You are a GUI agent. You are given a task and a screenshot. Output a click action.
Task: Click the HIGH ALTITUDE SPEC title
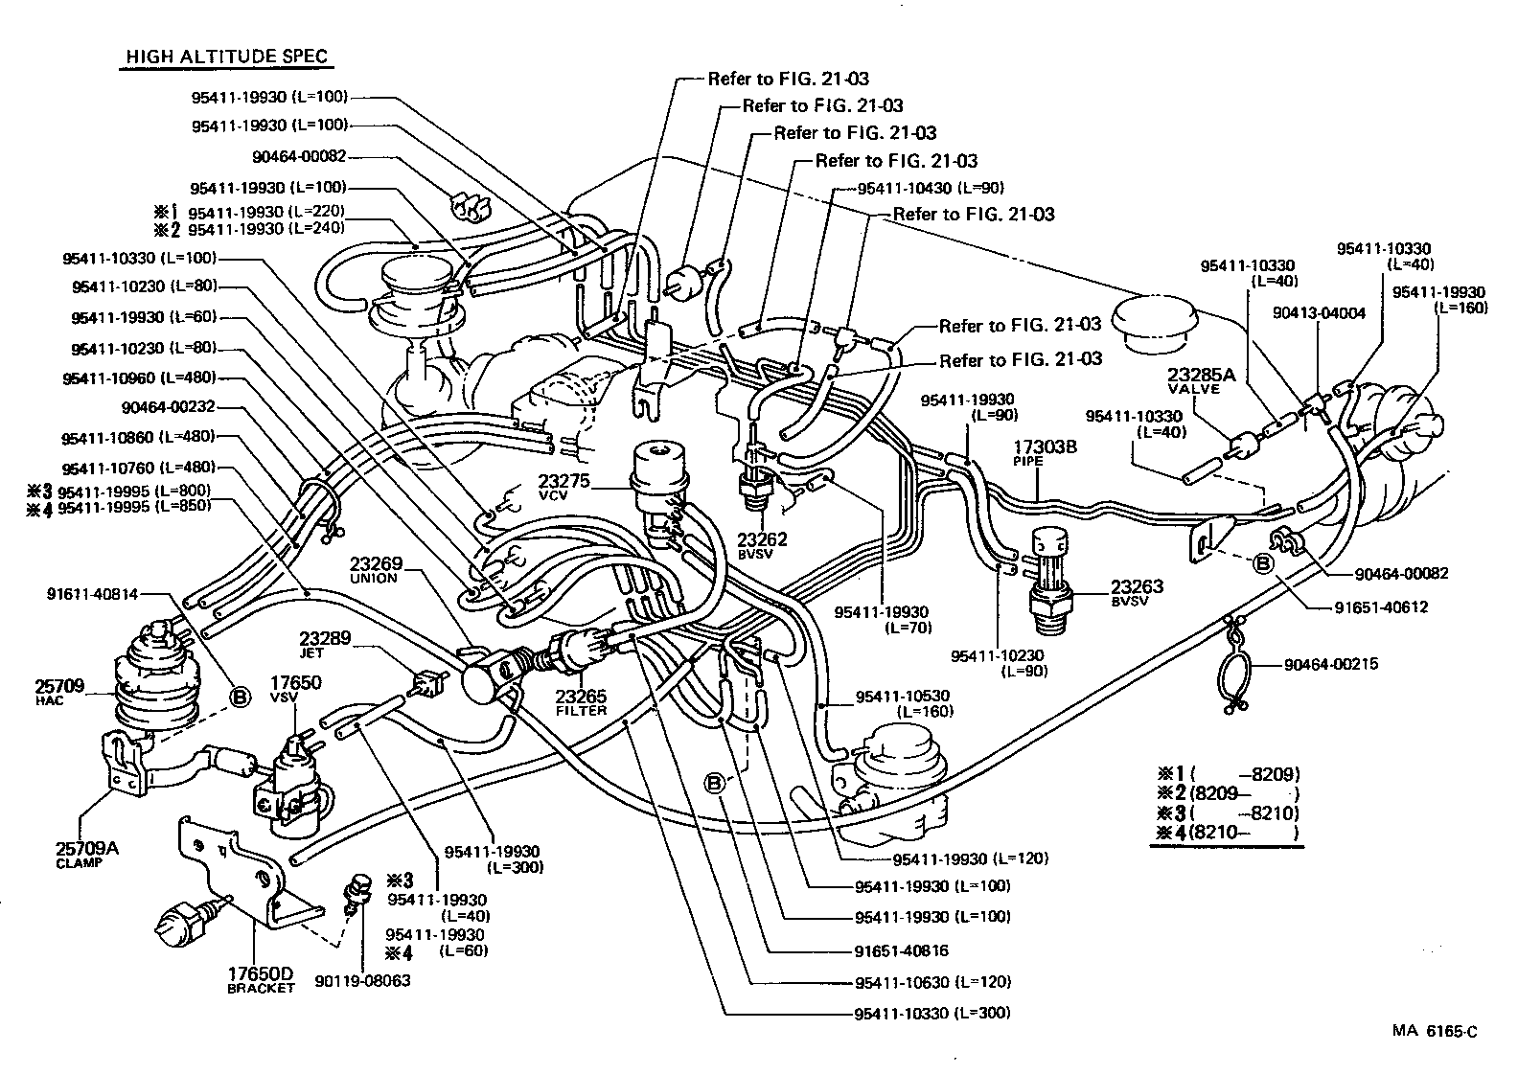228,57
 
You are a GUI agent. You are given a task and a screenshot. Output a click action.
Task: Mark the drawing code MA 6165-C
1435,1031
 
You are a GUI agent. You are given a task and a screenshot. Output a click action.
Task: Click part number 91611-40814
92,594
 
